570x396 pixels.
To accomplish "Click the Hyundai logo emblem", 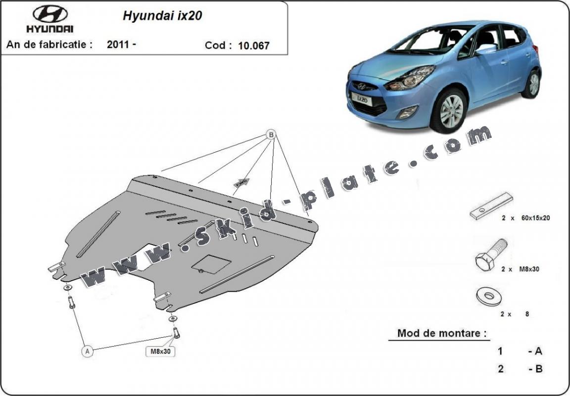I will coord(50,14).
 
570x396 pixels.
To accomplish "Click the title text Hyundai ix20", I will coord(162,15).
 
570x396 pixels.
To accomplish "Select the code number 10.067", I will coord(254,46).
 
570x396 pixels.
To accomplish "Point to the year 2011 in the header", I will coord(119,44).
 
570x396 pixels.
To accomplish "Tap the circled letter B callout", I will coord(271,134).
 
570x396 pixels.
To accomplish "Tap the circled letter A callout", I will coord(87,351).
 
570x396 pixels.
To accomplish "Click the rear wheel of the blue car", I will coord(532,84).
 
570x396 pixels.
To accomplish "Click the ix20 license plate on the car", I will coord(362,99).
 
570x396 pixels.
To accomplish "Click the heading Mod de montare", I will coord(438,333).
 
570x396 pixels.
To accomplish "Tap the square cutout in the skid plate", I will coord(211,263).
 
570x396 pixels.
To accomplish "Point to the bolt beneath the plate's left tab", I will coord(71,302).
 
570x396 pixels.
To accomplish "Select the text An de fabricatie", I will coord(49,44).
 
